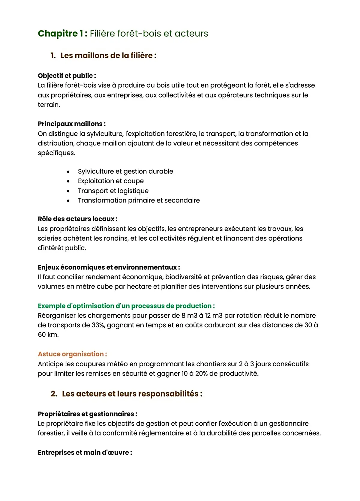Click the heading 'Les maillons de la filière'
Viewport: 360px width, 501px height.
(108, 55)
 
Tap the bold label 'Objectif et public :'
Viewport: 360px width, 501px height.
(67, 76)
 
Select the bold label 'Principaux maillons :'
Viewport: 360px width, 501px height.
(71, 124)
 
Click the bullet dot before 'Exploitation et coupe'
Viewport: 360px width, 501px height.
(68, 181)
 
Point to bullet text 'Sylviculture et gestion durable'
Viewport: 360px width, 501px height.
(125, 171)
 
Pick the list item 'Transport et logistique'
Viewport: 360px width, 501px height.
(113, 191)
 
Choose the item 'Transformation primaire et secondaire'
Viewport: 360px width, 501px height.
(139, 200)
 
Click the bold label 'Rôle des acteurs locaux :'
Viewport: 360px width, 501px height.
(77, 219)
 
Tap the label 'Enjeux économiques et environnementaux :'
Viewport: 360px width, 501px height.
(109, 267)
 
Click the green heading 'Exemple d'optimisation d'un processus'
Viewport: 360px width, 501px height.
(126, 306)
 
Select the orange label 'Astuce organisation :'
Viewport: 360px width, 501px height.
(72, 354)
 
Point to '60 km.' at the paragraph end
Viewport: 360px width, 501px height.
(48, 335)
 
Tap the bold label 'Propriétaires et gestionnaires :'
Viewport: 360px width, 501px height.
(87, 414)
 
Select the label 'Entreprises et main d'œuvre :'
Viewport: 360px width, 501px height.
(85, 453)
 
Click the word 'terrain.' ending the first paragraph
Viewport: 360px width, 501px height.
(49, 105)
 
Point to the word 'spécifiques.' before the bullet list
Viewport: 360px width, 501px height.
(56, 153)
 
